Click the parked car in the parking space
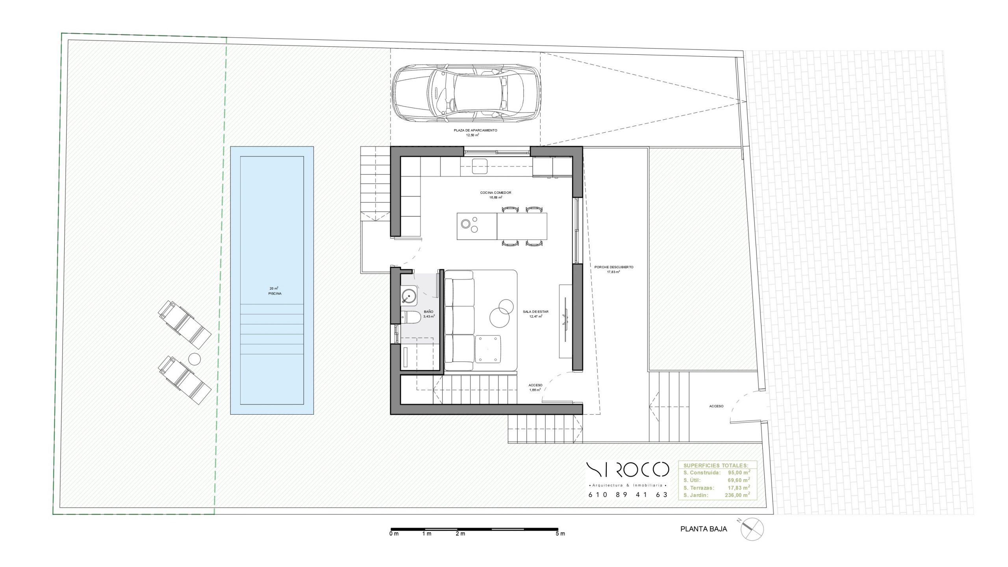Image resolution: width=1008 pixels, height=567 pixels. point(466,93)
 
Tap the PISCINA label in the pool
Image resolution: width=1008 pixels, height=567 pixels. point(275,294)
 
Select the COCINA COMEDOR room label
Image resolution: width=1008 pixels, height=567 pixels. point(495,193)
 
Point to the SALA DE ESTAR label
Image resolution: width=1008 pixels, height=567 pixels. point(535,311)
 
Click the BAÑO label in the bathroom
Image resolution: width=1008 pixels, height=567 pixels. point(429,311)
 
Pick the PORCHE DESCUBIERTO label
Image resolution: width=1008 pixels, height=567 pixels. point(614,267)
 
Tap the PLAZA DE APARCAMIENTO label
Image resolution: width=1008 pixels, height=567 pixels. point(475,130)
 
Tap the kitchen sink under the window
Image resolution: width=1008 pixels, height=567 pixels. point(480,166)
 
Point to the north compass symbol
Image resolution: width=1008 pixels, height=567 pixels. point(752,529)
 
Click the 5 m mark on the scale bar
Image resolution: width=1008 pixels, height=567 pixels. point(560,534)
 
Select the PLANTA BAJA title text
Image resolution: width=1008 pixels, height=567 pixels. point(704,529)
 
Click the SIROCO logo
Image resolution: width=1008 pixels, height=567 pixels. point(628,469)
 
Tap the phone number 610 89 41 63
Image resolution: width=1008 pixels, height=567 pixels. point(628,495)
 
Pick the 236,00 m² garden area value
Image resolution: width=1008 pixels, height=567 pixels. point(737,495)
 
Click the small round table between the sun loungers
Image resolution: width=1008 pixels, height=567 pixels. point(195,359)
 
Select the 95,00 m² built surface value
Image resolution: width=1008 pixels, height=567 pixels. point(739,472)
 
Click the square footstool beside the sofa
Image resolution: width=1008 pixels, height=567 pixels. point(488,349)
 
